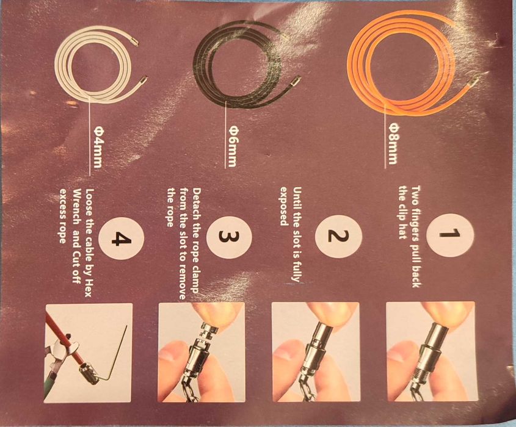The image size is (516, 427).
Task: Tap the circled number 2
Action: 339,235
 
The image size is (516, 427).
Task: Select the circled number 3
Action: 231,235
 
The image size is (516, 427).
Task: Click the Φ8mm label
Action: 393,143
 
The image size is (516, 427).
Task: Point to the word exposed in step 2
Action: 283,206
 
